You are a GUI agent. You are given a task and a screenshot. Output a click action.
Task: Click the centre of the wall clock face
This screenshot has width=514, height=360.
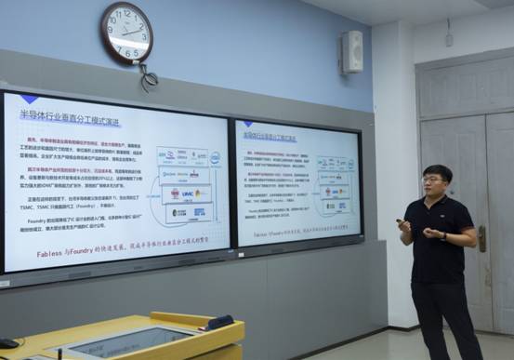point(127,33)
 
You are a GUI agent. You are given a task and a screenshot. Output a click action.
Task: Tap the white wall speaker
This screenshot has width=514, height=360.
point(351,52)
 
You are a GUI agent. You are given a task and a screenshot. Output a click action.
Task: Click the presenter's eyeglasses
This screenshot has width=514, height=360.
point(433,180)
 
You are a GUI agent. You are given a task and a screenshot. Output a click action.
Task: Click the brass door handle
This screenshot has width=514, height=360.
point(481,238)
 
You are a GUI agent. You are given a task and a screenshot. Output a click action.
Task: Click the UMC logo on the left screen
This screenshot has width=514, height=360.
point(188,193)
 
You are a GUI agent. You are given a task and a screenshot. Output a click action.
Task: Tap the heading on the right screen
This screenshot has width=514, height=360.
point(270,136)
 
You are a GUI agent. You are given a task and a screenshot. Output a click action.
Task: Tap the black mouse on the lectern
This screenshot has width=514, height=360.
point(8,343)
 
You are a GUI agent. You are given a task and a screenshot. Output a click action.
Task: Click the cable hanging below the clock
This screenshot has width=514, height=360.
point(147,78)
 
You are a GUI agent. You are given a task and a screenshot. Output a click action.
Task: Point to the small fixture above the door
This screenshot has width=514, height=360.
point(449,39)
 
